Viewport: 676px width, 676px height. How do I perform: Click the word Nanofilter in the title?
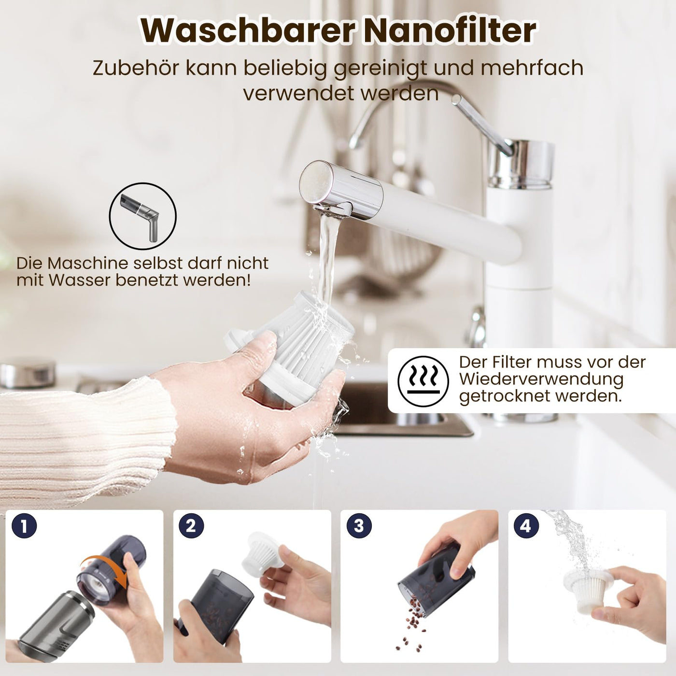coord(449,30)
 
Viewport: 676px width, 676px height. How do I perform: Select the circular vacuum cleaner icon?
coord(142,216)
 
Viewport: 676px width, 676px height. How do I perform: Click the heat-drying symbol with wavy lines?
coord(423,381)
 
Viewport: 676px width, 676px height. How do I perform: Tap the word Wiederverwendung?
coord(541,379)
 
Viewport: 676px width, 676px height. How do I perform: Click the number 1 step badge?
coord(24,526)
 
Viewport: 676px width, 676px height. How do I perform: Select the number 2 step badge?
coord(191,526)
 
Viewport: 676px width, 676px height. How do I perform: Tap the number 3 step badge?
coord(359,526)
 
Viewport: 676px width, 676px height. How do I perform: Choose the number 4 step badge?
coord(526,526)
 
